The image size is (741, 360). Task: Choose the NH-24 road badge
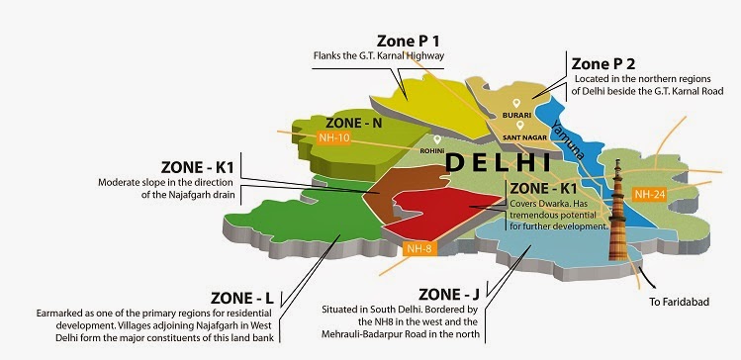pyautogui.click(x=651, y=193)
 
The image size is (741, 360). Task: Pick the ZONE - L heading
pyautogui.click(x=243, y=297)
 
